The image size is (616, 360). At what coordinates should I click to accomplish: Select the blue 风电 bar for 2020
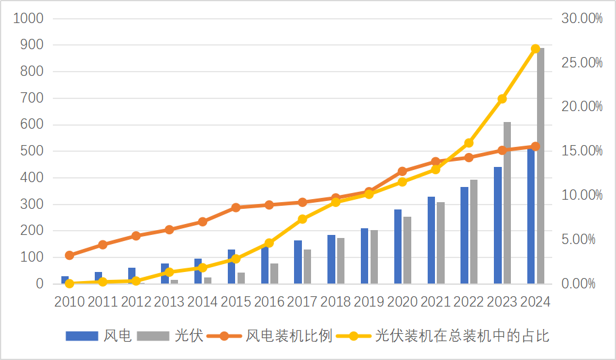click(398, 246)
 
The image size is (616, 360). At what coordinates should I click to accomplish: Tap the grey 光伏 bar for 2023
click(507, 203)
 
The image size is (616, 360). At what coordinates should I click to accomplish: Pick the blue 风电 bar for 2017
click(298, 262)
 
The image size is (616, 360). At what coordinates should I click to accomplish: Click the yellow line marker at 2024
click(535, 49)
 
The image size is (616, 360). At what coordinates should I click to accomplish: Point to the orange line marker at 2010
click(69, 256)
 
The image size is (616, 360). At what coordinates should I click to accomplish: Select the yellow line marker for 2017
click(303, 219)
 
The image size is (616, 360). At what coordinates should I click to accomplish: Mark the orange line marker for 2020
click(402, 171)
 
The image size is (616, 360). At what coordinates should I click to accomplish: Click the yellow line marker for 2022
click(468, 143)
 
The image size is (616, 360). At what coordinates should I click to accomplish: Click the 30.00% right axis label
click(581, 18)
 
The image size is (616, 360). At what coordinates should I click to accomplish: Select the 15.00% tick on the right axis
click(581, 151)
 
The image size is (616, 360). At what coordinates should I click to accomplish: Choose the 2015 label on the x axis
click(236, 302)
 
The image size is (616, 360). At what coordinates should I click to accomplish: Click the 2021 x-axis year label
click(436, 302)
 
